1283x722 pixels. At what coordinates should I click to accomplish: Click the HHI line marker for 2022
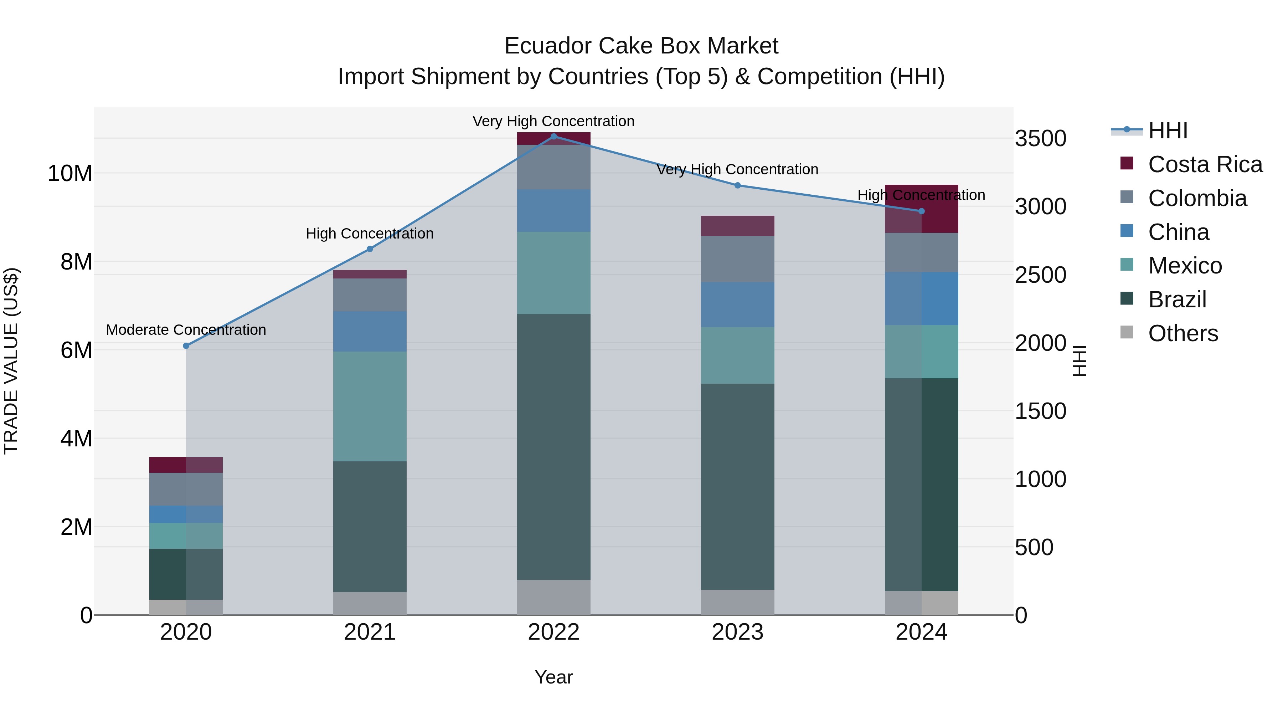553,137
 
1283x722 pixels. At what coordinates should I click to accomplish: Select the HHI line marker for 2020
186,346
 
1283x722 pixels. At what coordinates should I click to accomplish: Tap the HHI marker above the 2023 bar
738,185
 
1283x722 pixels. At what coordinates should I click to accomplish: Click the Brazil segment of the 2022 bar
553,447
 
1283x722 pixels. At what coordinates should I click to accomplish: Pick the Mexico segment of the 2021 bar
370,406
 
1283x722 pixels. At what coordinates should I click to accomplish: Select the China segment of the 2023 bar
738,304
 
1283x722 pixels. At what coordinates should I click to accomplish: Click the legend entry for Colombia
1197,198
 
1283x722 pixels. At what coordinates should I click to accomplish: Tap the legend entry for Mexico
1184,266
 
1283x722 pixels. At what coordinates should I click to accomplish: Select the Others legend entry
1182,333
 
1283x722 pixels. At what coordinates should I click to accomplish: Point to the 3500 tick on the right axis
1040,139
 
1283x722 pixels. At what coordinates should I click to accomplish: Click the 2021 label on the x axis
370,632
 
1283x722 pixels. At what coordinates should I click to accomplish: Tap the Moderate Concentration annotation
186,330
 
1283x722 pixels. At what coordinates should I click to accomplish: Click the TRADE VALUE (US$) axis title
11,361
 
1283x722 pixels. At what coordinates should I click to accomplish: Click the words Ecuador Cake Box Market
641,46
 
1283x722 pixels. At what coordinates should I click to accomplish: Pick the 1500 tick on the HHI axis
1040,411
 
